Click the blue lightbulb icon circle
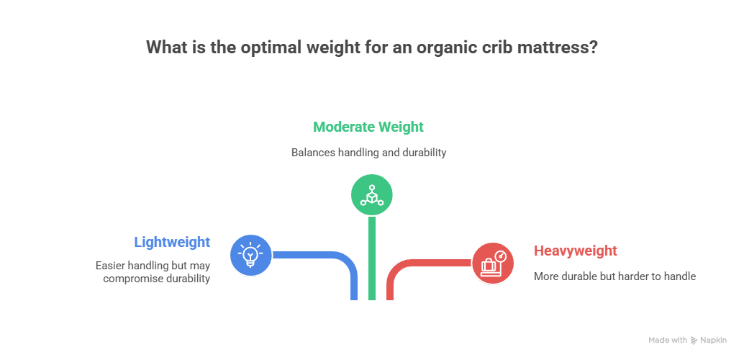(x=250, y=254)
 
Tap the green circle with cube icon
(x=371, y=194)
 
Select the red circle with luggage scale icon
(x=493, y=263)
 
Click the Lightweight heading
(x=172, y=242)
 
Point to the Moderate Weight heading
(x=368, y=127)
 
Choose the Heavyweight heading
(x=576, y=251)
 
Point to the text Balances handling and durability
(x=368, y=153)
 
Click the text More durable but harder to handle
(x=614, y=276)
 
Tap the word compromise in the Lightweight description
(x=135, y=279)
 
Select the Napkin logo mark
(x=694, y=340)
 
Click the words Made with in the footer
(x=668, y=340)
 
